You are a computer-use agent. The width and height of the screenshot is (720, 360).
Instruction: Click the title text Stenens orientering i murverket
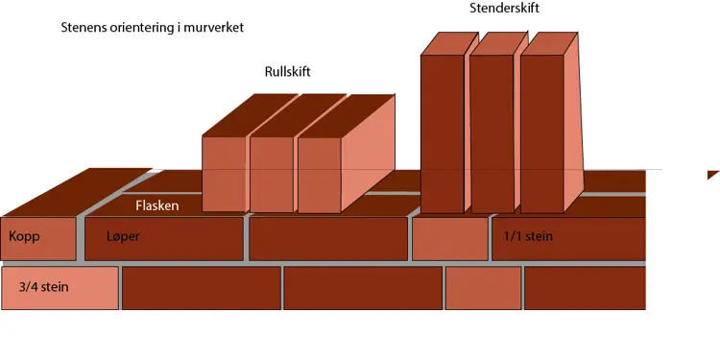click(152, 27)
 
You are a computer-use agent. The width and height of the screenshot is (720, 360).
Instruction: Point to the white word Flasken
click(156, 205)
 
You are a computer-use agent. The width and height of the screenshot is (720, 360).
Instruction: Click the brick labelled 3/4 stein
click(60, 288)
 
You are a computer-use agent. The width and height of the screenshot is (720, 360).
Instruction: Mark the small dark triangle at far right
click(712, 174)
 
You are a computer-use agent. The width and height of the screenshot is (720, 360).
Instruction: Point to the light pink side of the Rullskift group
click(370, 158)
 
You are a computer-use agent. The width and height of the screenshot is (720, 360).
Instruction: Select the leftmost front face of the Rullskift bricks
click(225, 174)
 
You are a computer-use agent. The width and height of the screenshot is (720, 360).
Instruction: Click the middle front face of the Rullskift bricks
click(271, 174)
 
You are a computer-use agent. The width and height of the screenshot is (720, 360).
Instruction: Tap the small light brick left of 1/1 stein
click(449, 239)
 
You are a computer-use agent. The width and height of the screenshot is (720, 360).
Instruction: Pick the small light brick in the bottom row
click(483, 288)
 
